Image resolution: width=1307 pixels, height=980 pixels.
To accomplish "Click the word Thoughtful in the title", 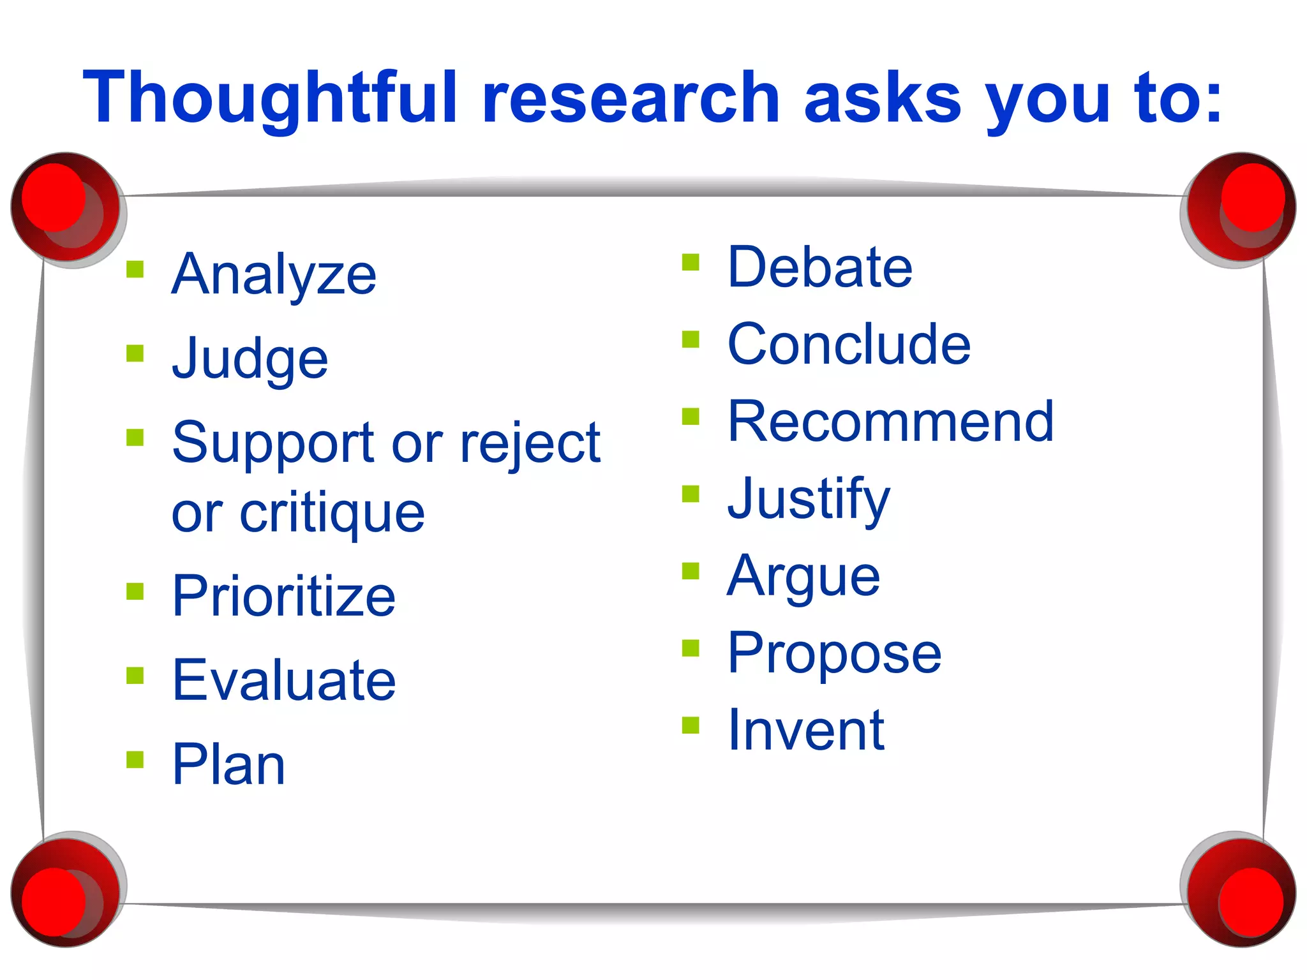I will (x=271, y=97).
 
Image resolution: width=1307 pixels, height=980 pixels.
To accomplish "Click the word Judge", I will (x=250, y=359).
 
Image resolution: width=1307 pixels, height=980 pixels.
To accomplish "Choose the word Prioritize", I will (x=284, y=596).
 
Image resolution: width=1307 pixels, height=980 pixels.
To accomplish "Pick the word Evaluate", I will (x=284, y=680).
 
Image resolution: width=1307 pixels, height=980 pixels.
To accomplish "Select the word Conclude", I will (x=849, y=345).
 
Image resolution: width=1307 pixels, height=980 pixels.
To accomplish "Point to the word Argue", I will (x=804, y=576).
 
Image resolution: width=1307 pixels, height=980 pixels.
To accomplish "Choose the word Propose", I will (x=834, y=653).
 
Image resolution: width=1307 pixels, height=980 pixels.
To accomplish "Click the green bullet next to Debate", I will (x=691, y=262).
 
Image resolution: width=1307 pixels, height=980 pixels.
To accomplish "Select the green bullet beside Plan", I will (x=135, y=759).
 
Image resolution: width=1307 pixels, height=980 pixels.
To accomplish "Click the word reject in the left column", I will (x=530, y=443).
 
